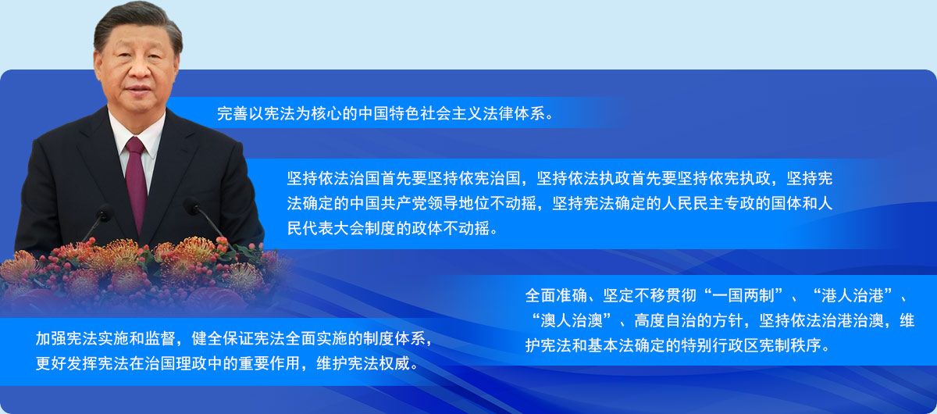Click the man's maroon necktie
[137, 184]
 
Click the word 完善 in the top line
[232, 113]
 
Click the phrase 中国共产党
[389, 203]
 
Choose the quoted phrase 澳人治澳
[572, 321]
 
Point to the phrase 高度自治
[665, 321]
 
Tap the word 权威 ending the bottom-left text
[394, 363]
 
